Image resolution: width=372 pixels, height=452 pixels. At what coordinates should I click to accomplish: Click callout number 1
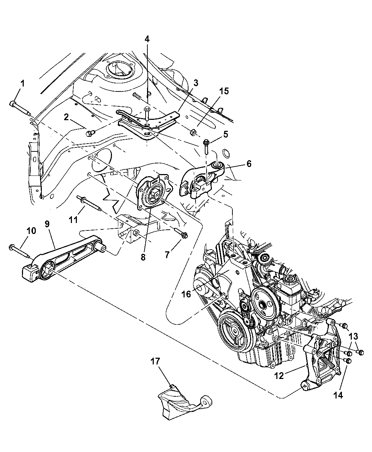click(23, 84)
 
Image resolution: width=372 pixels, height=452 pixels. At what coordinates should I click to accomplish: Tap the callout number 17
click(155, 361)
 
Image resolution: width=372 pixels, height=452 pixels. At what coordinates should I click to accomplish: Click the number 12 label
click(279, 376)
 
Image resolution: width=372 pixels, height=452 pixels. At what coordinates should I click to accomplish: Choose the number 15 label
click(224, 91)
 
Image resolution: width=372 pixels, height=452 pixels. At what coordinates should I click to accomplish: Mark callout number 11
click(73, 220)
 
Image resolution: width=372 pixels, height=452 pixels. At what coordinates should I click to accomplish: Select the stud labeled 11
click(89, 205)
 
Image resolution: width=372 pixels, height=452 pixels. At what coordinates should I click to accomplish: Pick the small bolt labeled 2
click(90, 133)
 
